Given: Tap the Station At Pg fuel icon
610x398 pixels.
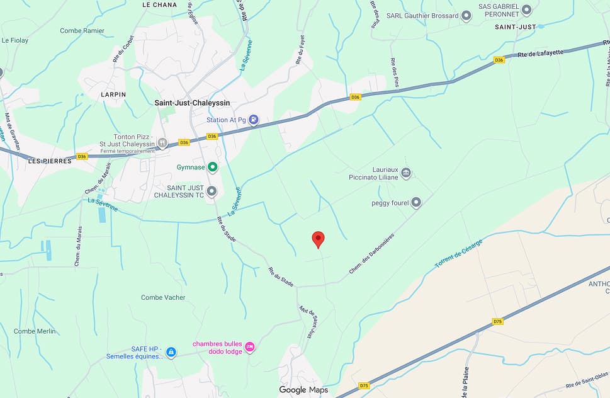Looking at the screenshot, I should [x=253, y=120].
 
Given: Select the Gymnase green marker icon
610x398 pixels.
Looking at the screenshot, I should [x=213, y=167].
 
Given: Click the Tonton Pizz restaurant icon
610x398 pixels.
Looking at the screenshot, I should [x=162, y=143].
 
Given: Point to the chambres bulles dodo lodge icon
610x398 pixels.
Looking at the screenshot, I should [x=250, y=347].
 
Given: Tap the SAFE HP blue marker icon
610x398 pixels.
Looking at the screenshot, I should [x=171, y=353].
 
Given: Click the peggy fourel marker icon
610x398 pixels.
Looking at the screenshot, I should [x=415, y=203].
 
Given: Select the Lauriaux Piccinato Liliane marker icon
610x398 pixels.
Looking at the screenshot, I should [x=406, y=173].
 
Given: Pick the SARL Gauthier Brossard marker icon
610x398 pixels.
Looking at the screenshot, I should [x=466, y=16].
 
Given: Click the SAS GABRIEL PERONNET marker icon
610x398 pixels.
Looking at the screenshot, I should [x=527, y=10].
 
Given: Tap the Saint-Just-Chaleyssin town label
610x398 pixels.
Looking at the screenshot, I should [x=193, y=103].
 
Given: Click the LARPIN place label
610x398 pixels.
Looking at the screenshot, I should [x=113, y=94].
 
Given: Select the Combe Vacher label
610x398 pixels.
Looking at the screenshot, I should [x=163, y=297].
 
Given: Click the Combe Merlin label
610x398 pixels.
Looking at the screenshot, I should [x=35, y=331].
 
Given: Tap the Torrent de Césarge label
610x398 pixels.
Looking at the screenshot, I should [x=458, y=253].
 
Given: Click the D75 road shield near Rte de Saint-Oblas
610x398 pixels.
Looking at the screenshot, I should [x=364, y=385].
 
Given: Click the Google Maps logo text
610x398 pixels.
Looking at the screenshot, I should [x=303, y=390].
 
